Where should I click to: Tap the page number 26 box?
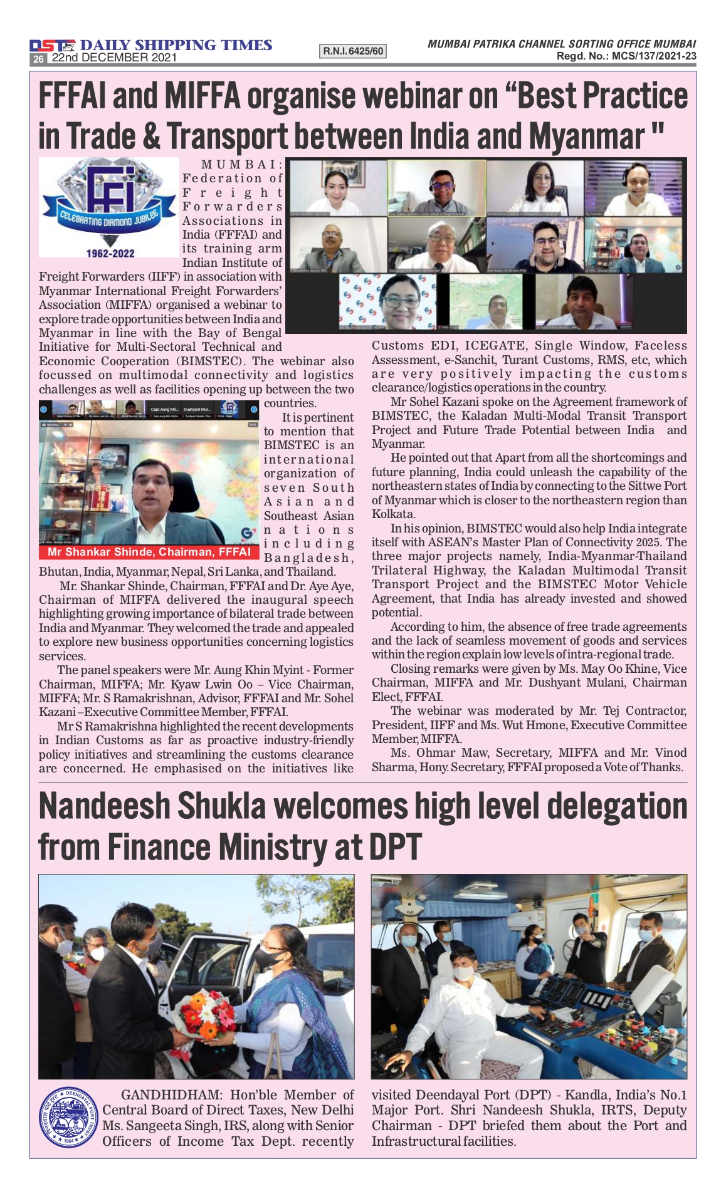[38, 58]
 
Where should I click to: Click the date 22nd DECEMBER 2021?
[114, 58]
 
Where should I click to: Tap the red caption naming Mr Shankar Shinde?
[149, 552]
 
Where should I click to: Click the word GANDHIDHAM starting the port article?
[171, 1095]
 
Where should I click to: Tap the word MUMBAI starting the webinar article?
[242, 165]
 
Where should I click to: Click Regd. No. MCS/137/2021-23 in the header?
[626, 56]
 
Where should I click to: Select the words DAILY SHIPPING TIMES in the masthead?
[176, 45]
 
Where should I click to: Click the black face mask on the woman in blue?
[266, 957]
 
